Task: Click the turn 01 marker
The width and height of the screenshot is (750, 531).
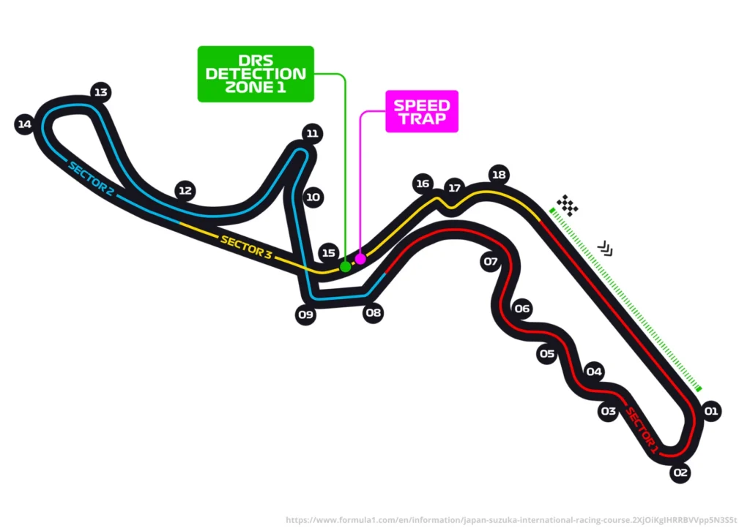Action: (710, 411)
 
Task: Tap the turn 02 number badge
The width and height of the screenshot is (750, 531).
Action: (680, 472)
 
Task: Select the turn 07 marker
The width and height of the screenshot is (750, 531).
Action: (491, 261)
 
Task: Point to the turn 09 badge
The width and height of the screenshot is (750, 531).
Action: (305, 315)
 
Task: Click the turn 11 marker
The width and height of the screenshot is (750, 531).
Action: (312, 133)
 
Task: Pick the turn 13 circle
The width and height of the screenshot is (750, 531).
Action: (100, 92)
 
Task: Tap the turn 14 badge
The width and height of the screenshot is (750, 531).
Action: (24, 124)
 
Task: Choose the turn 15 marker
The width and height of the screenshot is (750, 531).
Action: (329, 252)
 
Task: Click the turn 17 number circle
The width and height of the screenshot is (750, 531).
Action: (454, 188)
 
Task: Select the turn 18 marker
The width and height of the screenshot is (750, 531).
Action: (499, 175)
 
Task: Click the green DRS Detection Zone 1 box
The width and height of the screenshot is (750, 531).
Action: (256, 74)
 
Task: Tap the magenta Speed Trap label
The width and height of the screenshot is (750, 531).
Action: (422, 111)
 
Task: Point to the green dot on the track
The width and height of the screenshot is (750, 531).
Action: (346, 266)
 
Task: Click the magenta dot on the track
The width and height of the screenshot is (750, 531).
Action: (360, 259)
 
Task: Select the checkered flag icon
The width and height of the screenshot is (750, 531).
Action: (568, 206)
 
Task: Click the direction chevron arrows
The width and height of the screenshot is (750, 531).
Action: (606, 248)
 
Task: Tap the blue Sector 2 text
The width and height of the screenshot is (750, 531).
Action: (91, 178)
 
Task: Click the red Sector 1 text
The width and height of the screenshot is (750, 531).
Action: (642, 430)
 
